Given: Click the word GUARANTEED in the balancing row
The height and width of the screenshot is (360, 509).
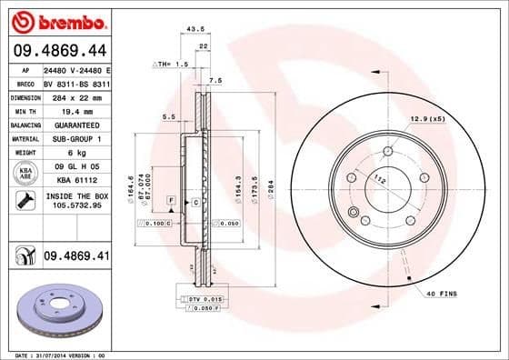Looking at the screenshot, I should (x=73, y=125).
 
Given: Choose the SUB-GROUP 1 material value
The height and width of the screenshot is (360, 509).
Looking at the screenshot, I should (x=73, y=138).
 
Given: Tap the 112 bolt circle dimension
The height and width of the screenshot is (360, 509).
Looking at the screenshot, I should (x=379, y=180).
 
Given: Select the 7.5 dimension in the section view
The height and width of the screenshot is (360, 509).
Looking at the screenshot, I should (x=215, y=82).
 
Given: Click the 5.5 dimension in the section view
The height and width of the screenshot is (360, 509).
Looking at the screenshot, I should (x=167, y=116).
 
